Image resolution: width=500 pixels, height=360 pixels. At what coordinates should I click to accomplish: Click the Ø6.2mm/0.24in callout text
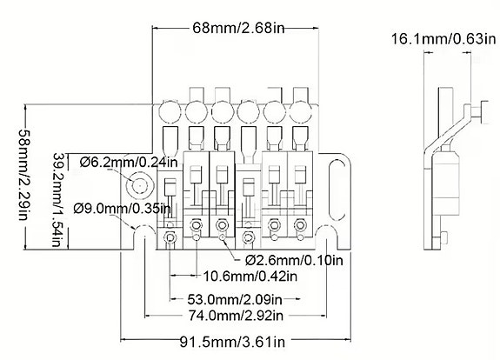tap(128, 163)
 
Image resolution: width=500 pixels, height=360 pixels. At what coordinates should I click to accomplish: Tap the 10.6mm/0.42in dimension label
tap(246, 277)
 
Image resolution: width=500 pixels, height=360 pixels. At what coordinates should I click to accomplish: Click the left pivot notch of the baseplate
tap(138, 231)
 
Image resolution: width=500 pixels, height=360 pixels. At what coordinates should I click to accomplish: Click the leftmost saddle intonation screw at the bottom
tap(171, 239)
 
